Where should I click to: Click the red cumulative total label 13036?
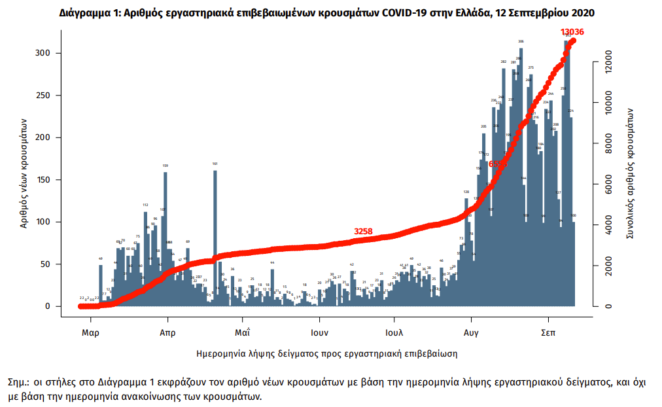click(x=572, y=31)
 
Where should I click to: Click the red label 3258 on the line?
click(x=363, y=231)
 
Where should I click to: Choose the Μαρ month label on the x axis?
click(x=90, y=332)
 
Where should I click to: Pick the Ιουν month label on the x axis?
click(x=319, y=332)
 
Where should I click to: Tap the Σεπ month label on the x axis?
click(x=548, y=332)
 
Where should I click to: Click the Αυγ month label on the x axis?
click(x=471, y=332)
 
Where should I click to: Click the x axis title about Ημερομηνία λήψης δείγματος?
click(x=326, y=353)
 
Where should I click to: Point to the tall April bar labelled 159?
click(x=165, y=236)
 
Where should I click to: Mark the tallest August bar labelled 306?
click(x=521, y=177)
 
